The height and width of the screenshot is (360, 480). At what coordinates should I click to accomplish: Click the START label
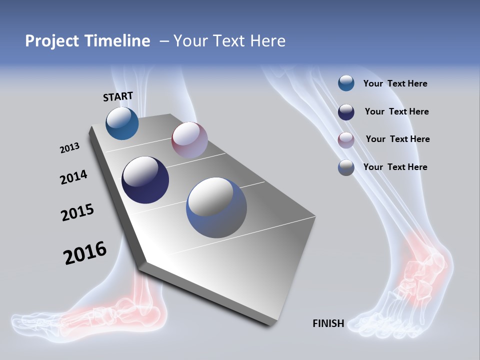(118, 96)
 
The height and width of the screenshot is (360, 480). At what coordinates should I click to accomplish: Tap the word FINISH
(328, 323)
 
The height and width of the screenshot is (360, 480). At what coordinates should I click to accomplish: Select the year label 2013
(69, 148)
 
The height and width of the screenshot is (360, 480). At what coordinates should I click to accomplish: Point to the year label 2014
(73, 177)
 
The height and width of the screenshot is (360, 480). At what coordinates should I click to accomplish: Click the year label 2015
(77, 212)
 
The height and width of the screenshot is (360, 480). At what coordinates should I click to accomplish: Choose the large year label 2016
(85, 253)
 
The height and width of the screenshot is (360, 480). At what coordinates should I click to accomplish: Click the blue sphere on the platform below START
(122, 123)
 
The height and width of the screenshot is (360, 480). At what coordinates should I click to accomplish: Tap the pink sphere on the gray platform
(189, 140)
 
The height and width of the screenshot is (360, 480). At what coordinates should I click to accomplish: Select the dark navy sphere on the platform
(145, 180)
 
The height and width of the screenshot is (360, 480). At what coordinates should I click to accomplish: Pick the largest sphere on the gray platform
(216, 207)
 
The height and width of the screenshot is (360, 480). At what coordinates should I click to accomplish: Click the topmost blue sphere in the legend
(346, 83)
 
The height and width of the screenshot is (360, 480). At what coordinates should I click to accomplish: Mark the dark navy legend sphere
(346, 111)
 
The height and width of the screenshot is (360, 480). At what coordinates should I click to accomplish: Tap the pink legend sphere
(346, 139)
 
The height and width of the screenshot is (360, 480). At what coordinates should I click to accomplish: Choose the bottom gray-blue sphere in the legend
(346, 167)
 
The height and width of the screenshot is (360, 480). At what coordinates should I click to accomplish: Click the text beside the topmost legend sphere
(395, 83)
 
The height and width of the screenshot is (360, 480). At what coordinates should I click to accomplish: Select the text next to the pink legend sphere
(397, 139)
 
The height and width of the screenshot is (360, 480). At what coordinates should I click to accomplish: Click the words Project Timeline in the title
(87, 41)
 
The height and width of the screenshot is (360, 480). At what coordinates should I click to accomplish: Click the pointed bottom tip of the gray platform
(270, 324)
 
